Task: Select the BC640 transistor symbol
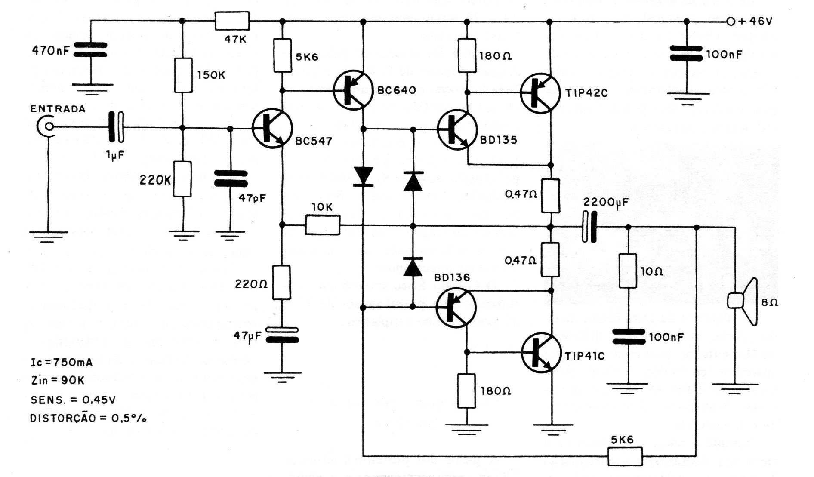click(x=353, y=91)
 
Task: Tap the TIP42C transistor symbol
click(x=540, y=93)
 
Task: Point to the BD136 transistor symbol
click(x=456, y=307)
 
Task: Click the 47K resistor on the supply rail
click(x=232, y=21)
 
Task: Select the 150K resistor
click(x=183, y=75)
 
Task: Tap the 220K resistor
click(x=182, y=179)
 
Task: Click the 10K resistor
click(x=323, y=225)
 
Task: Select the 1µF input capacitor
click(x=116, y=127)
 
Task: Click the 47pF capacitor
click(x=231, y=178)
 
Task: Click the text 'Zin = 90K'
click(x=58, y=381)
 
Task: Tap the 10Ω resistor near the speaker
click(x=628, y=271)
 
